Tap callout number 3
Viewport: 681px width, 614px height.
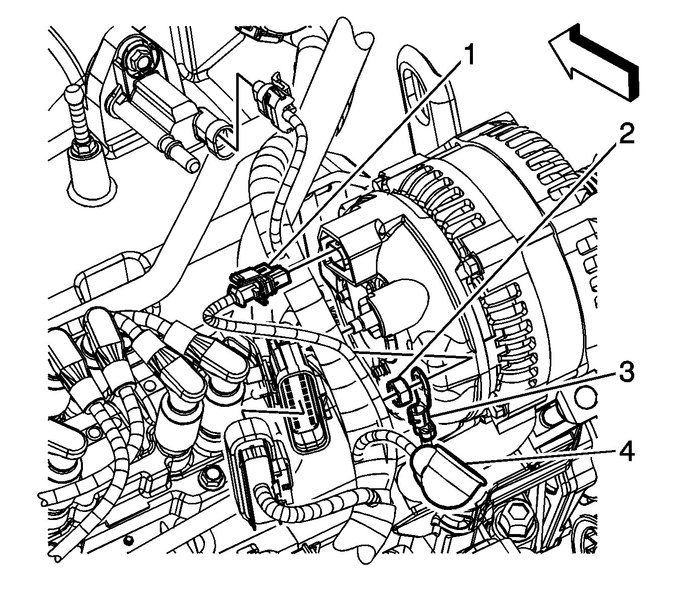click(x=625, y=373)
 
